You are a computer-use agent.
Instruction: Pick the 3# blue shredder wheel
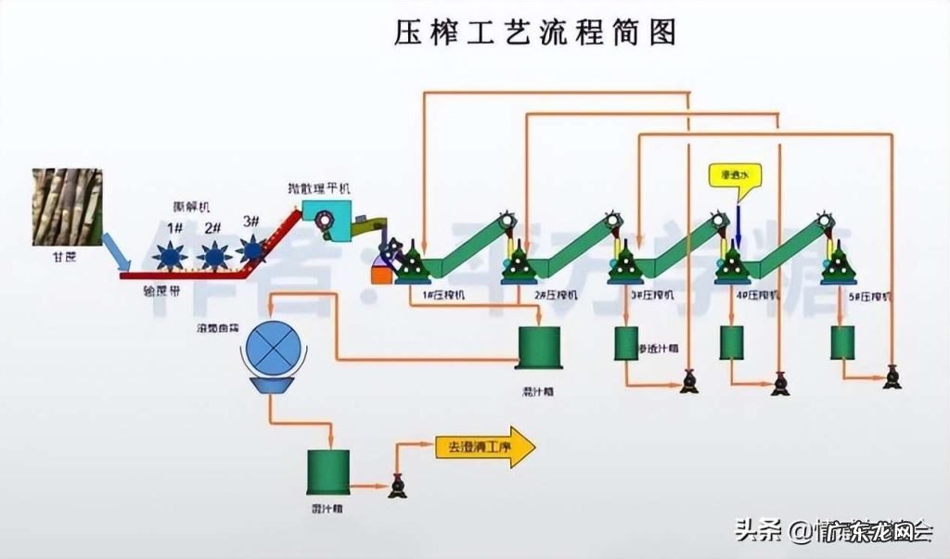pyautogui.click(x=250, y=248)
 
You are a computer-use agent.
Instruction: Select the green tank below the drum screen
pyautogui.click(x=327, y=471)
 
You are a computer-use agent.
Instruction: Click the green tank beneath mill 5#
pyautogui.click(x=842, y=343)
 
